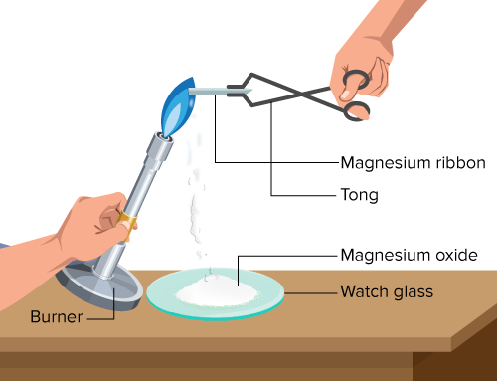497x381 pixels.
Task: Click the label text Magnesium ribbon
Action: [413, 163]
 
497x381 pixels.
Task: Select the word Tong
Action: [360, 195]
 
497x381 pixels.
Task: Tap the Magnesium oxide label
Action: [410, 255]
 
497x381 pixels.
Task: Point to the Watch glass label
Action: [387, 291]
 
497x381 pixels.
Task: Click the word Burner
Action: [57, 316]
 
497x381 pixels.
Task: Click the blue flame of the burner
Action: [178, 106]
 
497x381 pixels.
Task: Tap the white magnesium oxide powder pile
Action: [217, 291]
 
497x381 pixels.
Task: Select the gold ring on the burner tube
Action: [127, 222]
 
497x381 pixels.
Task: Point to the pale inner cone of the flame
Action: [172, 119]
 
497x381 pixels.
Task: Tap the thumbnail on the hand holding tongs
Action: [345, 95]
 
